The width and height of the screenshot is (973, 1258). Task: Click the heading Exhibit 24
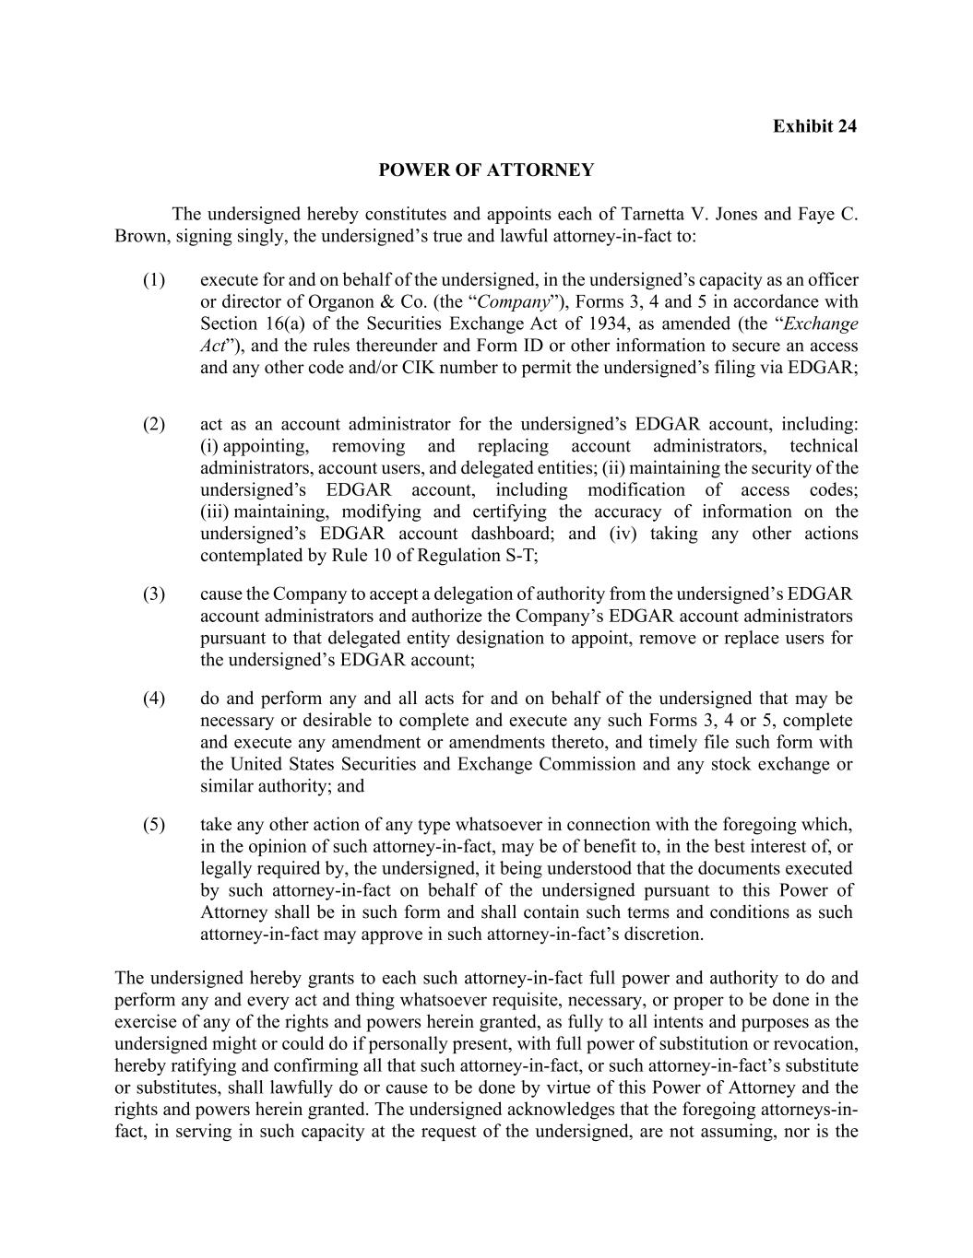click(x=814, y=126)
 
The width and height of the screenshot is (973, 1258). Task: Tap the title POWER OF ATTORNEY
click(x=486, y=170)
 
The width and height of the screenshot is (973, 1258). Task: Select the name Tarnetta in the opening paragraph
click(x=653, y=215)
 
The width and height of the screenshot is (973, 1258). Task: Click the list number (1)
click(x=154, y=280)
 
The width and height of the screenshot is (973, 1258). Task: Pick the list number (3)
click(x=154, y=594)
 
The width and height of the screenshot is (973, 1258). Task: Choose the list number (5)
click(x=154, y=825)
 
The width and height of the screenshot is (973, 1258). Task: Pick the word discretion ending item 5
click(x=662, y=935)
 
